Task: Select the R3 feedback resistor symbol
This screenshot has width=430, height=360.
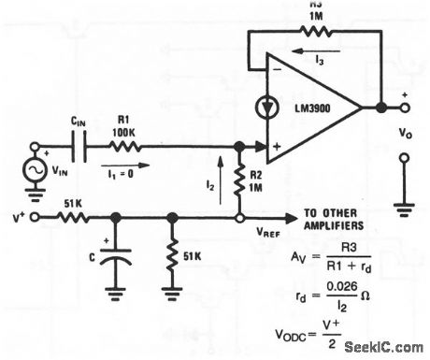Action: pyautogui.click(x=291, y=32)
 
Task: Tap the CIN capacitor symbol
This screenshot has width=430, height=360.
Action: pyautogui.click(x=79, y=146)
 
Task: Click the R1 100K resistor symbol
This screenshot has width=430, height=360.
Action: pyautogui.click(x=124, y=146)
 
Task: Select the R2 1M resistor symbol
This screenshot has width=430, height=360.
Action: pyautogui.click(x=240, y=181)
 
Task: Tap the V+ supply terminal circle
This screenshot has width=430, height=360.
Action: pyautogui.click(x=36, y=217)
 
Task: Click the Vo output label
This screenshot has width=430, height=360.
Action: pyautogui.click(x=403, y=134)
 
